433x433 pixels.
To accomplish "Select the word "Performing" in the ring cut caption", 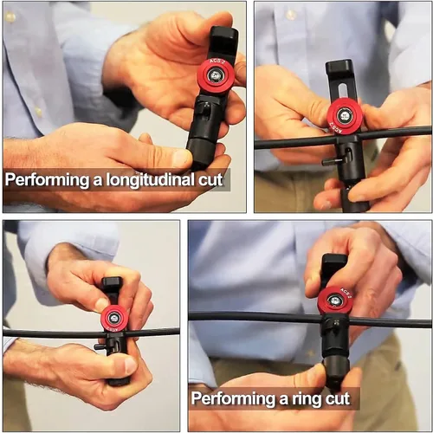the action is (233, 398).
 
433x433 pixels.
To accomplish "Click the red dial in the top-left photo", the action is (215, 76).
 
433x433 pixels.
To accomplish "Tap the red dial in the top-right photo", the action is (345, 115).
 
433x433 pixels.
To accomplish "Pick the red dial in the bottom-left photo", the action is (115, 319).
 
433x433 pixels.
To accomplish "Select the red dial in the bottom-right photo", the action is (335, 301).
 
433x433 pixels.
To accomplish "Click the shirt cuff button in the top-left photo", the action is (38, 111).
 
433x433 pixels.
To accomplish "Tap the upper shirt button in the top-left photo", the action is (10, 16).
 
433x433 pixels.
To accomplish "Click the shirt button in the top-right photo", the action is (290, 14).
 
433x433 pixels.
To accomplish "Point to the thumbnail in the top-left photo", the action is (182, 158).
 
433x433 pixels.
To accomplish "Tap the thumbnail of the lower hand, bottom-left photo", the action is (130, 365).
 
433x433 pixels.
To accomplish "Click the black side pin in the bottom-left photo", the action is (100, 346).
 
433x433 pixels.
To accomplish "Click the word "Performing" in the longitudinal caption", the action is (47, 180).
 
